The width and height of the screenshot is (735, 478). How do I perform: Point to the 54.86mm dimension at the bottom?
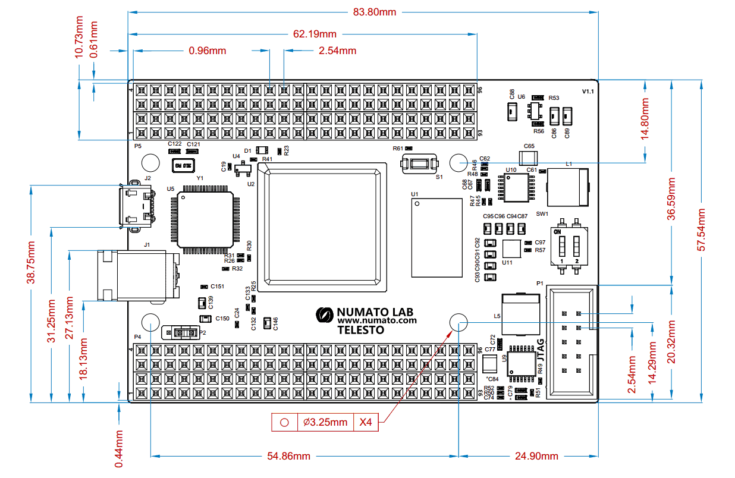click(289, 456)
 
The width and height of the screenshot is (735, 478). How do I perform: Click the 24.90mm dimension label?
click(537, 456)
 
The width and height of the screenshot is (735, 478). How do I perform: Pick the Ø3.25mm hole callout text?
click(325, 422)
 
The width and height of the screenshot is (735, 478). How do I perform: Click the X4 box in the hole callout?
click(366, 422)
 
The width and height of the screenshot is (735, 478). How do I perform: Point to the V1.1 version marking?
click(588, 92)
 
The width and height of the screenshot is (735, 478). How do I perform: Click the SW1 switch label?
click(542, 213)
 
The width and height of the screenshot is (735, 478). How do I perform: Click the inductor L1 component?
click(567, 188)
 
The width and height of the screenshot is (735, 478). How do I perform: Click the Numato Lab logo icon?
click(325, 315)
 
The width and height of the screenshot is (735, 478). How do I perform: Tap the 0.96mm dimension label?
click(207, 51)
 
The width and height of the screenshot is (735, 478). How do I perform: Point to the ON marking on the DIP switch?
click(558, 232)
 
